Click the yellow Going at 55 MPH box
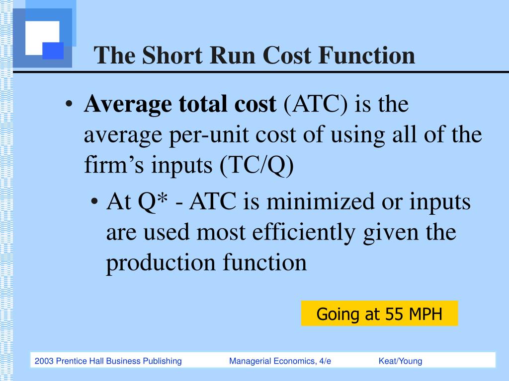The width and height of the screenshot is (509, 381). point(379,314)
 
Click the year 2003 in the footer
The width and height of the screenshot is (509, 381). point(44,361)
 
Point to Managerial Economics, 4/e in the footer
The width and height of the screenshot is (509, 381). point(280,361)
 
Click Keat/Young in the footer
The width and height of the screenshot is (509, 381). point(400,361)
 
